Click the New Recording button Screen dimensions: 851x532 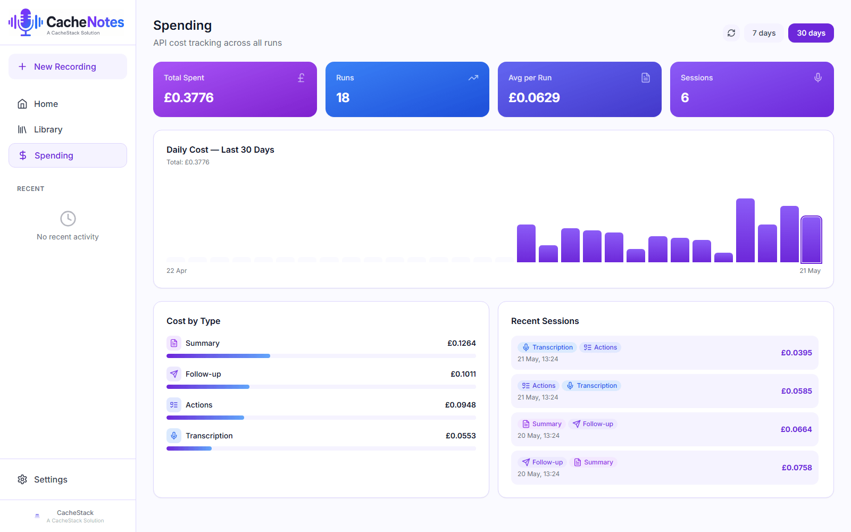tap(68, 66)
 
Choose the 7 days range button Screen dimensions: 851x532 tap(764, 33)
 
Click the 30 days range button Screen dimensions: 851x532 tap(811, 33)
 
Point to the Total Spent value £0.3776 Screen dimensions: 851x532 tap(189, 98)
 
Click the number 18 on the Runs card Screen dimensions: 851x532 tap(343, 98)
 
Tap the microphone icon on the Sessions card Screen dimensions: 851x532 tap(818, 78)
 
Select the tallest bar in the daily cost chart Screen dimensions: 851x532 tap(745, 230)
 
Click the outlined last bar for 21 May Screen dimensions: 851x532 tap(811, 239)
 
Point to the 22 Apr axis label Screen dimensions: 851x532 tap(177, 271)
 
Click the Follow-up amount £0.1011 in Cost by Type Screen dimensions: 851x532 tap(463, 374)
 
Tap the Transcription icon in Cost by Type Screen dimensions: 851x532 tap(173, 436)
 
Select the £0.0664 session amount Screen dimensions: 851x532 tap(796, 429)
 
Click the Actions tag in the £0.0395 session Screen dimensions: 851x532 tap(600, 347)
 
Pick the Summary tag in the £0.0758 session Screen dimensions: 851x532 tap(594, 462)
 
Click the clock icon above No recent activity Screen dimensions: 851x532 tap(68, 219)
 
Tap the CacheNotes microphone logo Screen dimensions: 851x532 tap(26, 22)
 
